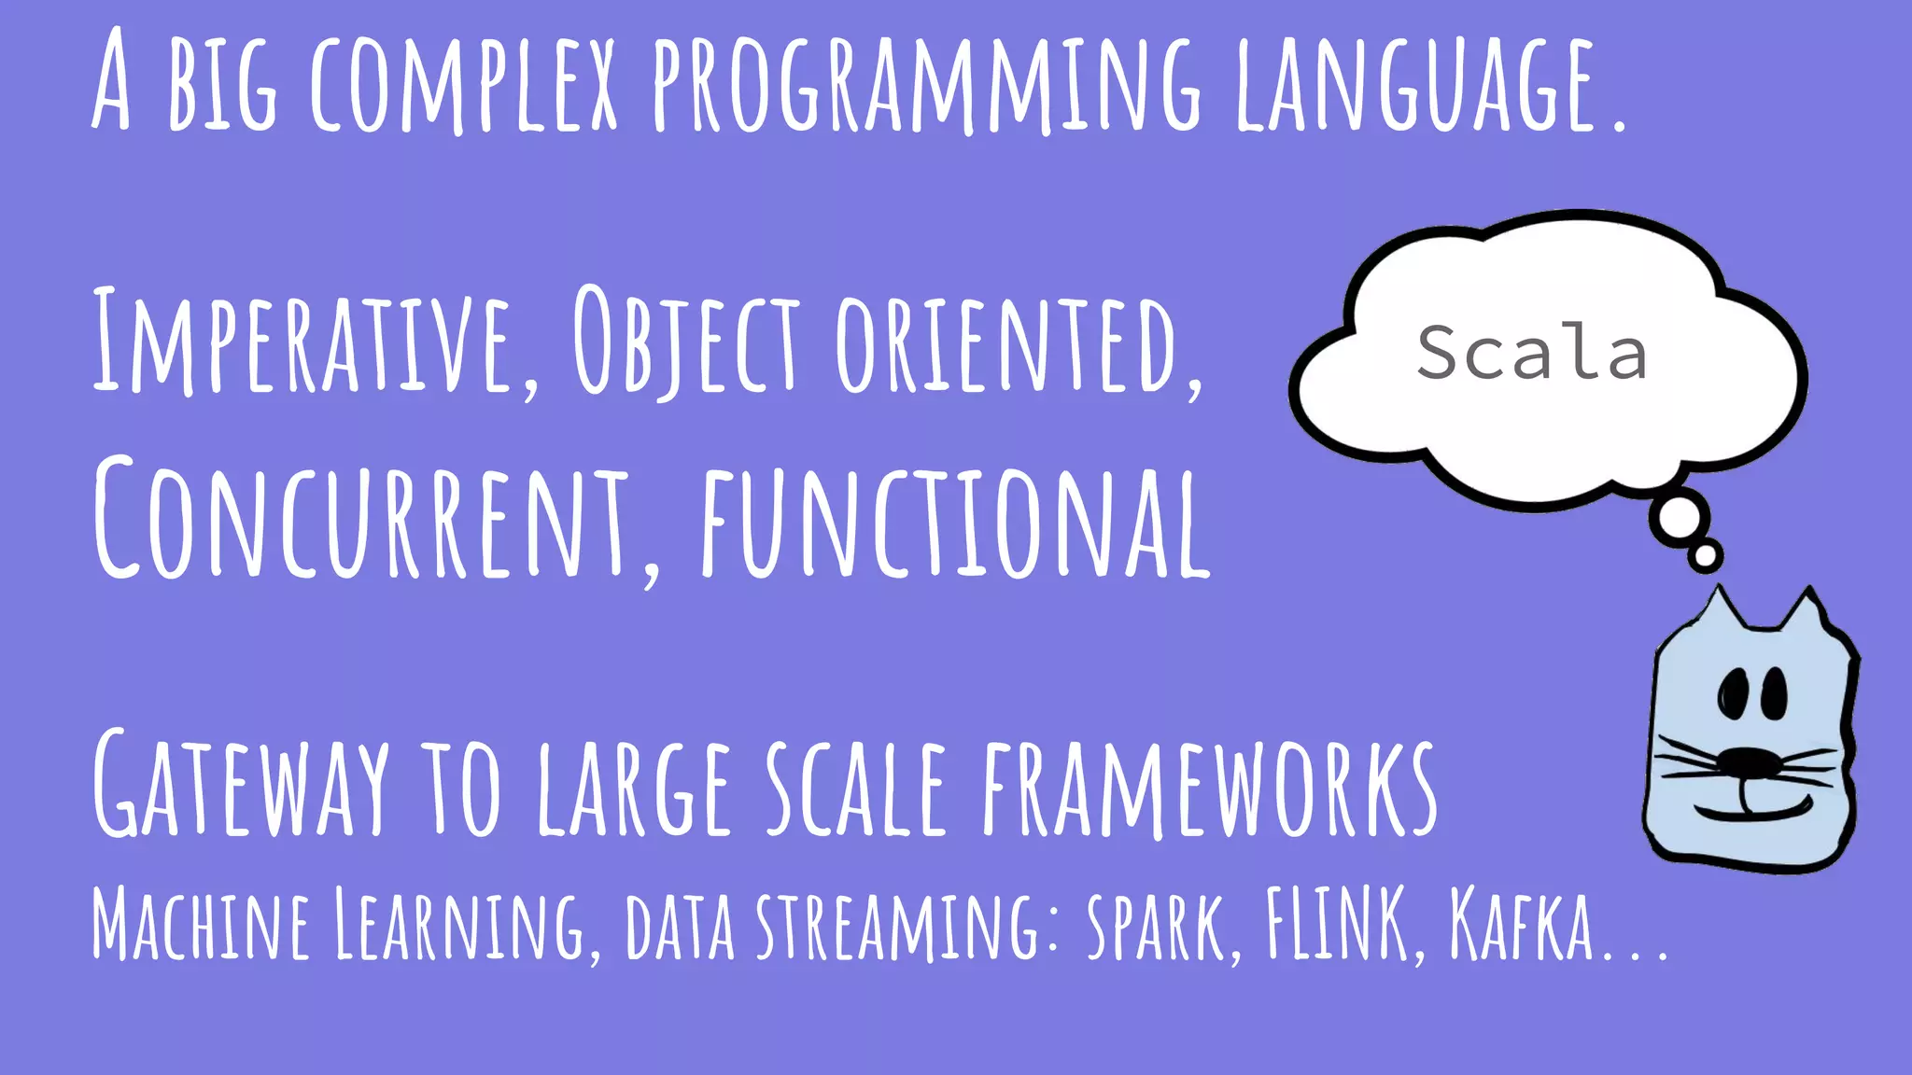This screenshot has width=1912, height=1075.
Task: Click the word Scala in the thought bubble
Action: [x=1531, y=352]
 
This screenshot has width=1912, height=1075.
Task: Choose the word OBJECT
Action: [x=686, y=341]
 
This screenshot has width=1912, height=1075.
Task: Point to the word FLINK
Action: [x=1336, y=924]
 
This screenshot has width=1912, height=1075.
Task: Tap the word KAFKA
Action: [x=1522, y=924]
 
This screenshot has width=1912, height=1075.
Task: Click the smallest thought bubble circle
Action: [x=1705, y=557]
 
